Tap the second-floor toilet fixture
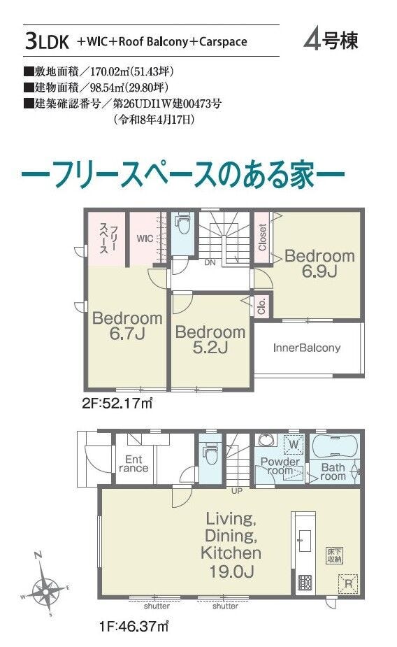[x=182, y=224]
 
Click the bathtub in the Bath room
[x=334, y=446]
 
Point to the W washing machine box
[x=294, y=444]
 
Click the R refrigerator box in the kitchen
[x=348, y=583]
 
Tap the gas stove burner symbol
[x=305, y=582]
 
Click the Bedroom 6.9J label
[x=319, y=263]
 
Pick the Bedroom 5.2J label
[x=210, y=340]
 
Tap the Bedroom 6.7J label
[x=127, y=325]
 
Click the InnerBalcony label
[x=307, y=348]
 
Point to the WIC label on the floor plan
[x=145, y=239]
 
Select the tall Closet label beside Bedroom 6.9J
[x=262, y=237]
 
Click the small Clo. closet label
[x=262, y=306]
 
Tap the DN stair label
[x=210, y=262]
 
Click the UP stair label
[x=237, y=491]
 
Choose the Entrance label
[x=133, y=464]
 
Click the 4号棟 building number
[x=331, y=41]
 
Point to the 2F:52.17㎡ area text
[x=117, y=403]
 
